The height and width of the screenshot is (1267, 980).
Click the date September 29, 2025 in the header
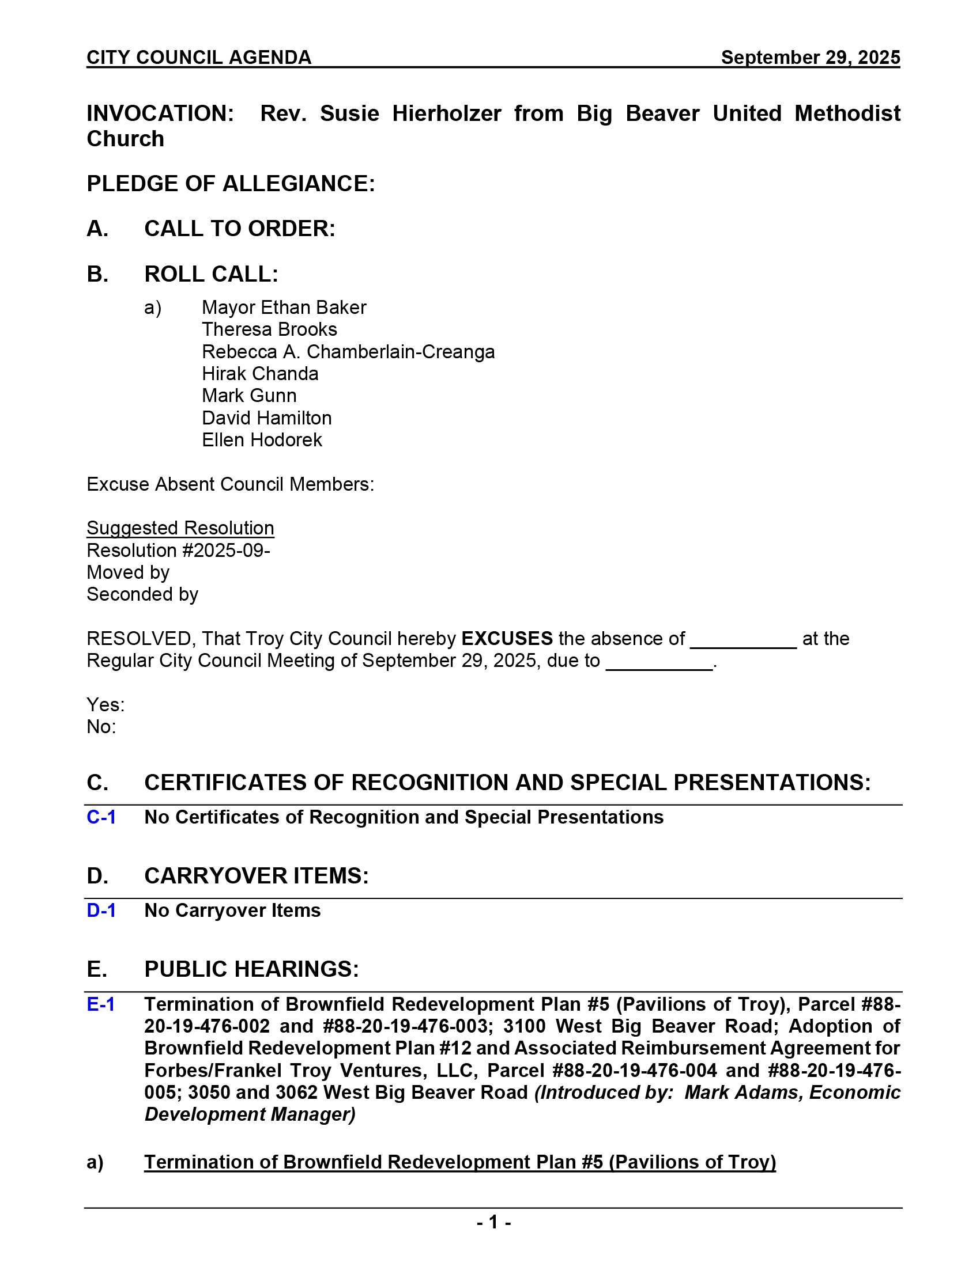810,58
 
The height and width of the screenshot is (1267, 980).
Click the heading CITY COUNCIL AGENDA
199,58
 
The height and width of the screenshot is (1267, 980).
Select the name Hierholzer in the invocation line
446,113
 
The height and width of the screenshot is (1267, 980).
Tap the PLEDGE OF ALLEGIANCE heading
231,184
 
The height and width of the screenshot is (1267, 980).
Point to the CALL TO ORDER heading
239,229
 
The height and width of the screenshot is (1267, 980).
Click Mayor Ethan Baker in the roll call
284,308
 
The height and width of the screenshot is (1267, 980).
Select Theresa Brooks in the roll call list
269,329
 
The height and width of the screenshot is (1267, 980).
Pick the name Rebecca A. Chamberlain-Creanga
348,352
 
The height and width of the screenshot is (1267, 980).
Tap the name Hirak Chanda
260,374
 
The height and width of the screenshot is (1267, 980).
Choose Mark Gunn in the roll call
249,396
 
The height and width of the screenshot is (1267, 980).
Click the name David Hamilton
266,418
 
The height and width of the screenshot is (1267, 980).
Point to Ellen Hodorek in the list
262,441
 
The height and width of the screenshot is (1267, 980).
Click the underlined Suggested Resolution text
180,529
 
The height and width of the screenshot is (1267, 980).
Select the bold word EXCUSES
507,639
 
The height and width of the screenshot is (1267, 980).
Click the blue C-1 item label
101,817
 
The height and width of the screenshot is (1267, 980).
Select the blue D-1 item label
101,911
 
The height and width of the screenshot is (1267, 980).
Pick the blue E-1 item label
100,1004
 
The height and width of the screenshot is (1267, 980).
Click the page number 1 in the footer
493,1223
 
